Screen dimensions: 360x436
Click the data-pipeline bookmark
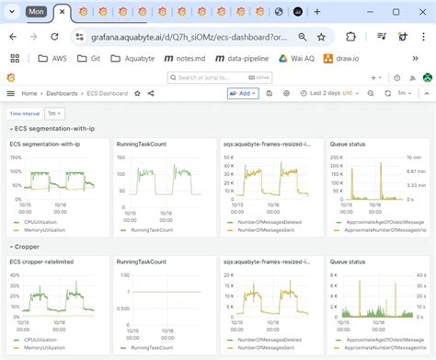coord(244,58)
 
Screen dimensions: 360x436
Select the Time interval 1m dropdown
coord(56,113)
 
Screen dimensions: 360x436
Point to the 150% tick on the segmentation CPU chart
coord(15,157)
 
